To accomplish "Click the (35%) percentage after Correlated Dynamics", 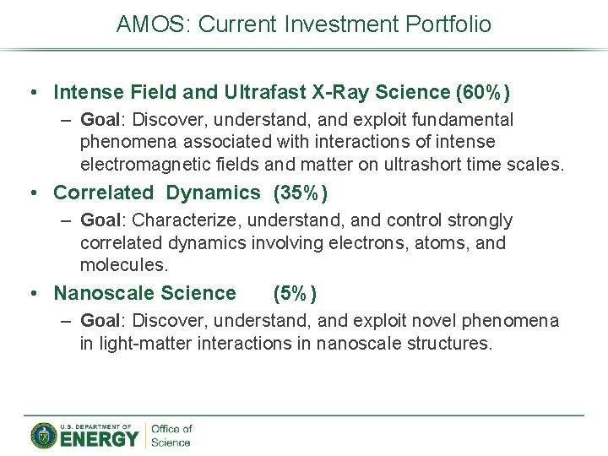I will coord(300,193).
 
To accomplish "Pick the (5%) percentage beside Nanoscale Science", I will coord(295,293).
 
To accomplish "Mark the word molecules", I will coord(124,265).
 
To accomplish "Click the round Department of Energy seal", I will coord(44,436).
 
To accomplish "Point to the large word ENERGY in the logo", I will coord(98,438).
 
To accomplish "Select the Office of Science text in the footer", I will coord(171,436).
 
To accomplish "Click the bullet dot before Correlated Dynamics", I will coord(31,193).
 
